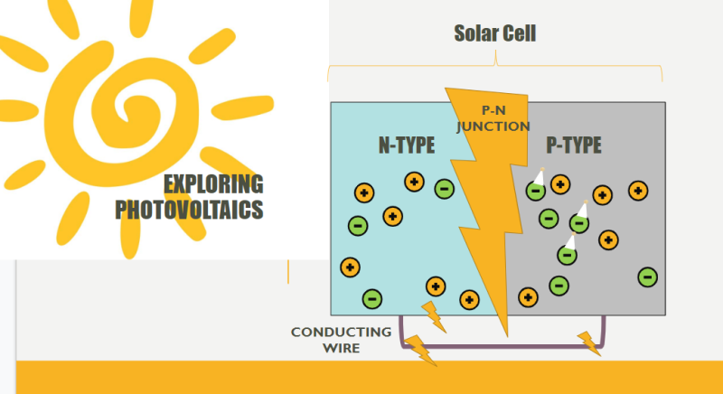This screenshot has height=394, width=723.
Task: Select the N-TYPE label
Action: pos(408,145)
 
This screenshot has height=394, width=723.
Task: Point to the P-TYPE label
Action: pos(574,145)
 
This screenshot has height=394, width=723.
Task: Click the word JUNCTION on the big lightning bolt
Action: pos(493,127)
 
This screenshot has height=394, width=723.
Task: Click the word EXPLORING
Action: pos(213,184)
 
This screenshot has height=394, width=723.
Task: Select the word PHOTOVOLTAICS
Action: pos(190,210)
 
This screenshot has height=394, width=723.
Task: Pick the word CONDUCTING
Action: pos(341,332)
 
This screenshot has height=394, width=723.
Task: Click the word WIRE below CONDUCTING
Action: pos(340,347)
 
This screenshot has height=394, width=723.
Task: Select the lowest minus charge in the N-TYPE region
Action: pos(371,298)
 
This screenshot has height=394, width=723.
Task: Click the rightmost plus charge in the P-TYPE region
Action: pos(638,190)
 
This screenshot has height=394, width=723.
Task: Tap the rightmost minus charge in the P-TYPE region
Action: pos(647,277)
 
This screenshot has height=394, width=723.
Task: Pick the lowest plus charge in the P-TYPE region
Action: pos(528,296)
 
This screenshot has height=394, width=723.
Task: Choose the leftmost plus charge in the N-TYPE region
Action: pos(349,267)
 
